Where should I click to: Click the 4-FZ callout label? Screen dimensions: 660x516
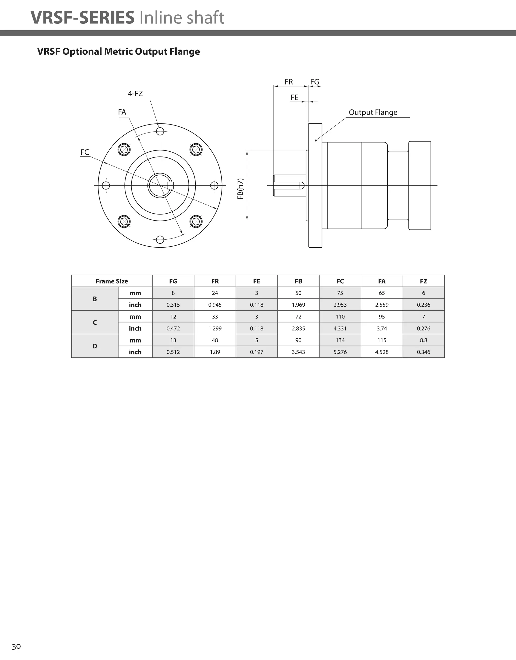click(x=135, y=94)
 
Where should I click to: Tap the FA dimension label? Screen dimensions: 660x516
click(x=122, y=112)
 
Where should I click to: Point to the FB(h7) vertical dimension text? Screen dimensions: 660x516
click(x=240, y=189)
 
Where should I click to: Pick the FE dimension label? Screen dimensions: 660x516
click(x=295, y=97)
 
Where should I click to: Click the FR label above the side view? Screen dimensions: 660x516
click(x=289, y=82)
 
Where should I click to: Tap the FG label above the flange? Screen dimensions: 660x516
click(x=315, y=82)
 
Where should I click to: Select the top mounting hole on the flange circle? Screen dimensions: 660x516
click(x=160, y=131)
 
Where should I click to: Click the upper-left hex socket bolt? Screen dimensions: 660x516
click(x=124, y=149)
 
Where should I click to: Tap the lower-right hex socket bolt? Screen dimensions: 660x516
click(x=196, y=221)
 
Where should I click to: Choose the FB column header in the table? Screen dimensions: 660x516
click(x=298, y=281)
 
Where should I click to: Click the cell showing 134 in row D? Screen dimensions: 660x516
click(x=340, y=340)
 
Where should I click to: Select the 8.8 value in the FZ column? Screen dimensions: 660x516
click(x=424, y=340)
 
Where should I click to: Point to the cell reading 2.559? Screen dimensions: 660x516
click(x=382, y=305)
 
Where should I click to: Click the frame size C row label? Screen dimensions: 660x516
click(x=95, y=322)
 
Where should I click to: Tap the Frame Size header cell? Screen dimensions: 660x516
click(x=112, y=281)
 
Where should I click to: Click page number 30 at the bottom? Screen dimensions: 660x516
click(x=16, y=647)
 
